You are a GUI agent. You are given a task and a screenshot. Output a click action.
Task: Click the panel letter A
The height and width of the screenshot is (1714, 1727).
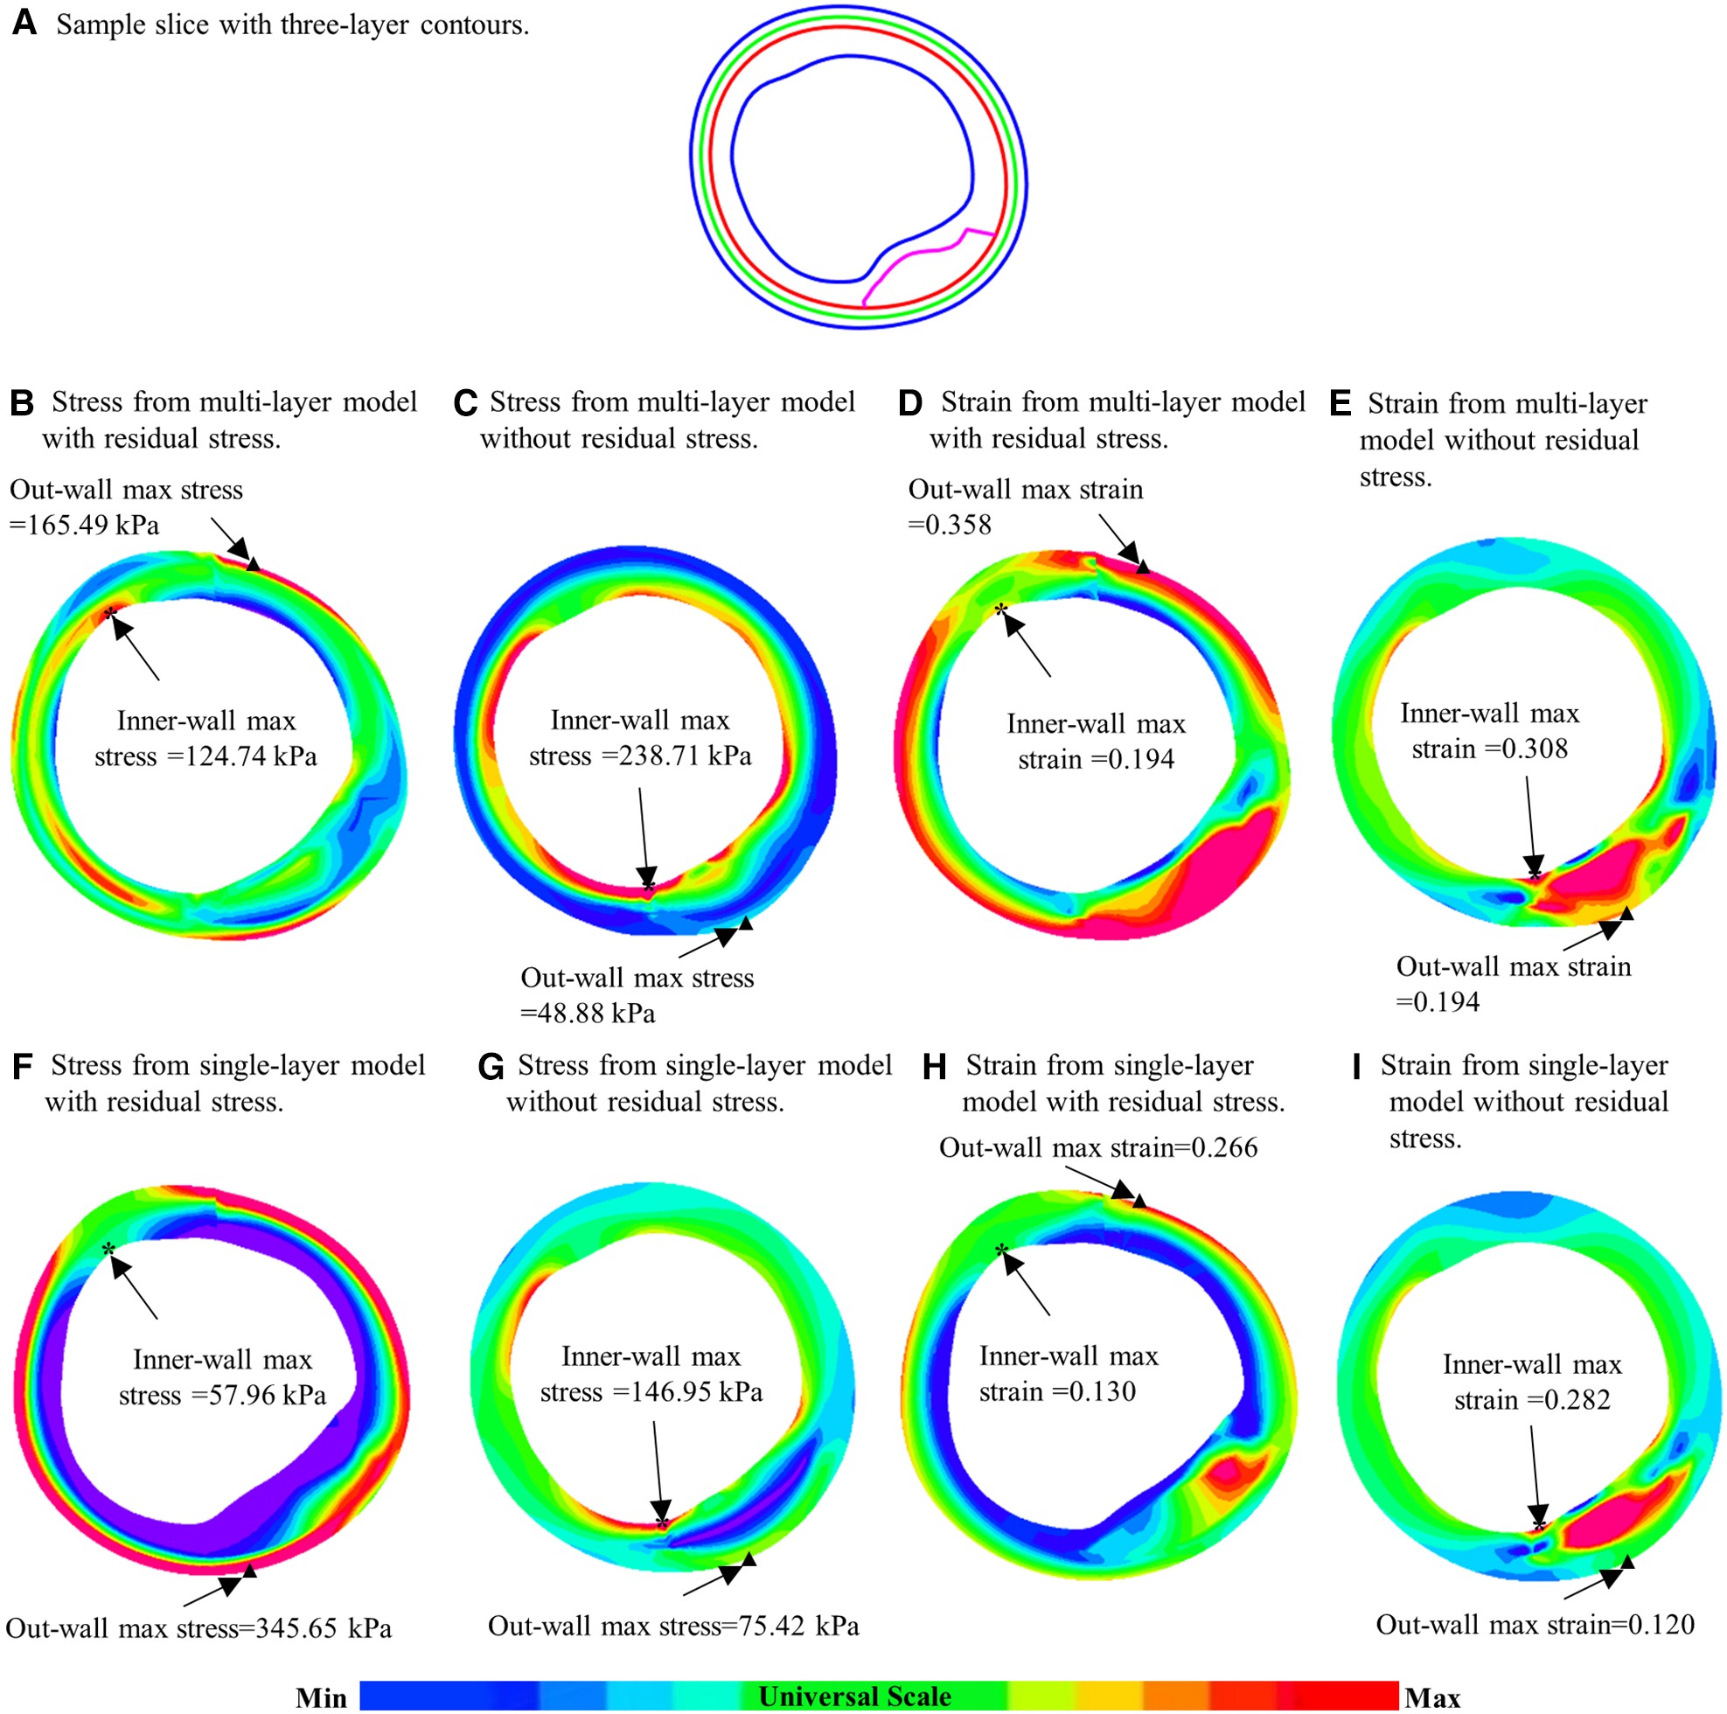tap(24, 23)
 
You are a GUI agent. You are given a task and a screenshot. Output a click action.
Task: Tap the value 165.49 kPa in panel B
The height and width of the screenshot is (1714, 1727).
tap(94, 525)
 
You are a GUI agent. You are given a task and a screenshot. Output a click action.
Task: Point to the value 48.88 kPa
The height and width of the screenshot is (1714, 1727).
tap(599, 1014)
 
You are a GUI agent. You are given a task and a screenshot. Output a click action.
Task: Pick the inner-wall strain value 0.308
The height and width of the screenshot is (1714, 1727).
tap(1535, 749)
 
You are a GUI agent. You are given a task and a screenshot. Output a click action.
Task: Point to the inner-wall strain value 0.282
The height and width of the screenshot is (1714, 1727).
tap(1577, 1400)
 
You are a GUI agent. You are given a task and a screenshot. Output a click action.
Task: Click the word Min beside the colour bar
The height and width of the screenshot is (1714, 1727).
tap(321, 1698)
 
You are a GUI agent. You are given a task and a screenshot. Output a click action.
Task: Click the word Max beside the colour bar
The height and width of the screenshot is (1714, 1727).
tap(1432, 1698)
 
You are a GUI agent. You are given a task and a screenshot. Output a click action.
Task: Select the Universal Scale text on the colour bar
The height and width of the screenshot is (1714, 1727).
tap(854, 1697)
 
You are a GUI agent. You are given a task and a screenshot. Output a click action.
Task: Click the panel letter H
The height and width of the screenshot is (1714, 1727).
tap(934, 1067)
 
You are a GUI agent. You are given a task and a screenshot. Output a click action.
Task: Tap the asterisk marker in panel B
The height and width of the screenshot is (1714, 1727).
tap(110, 613)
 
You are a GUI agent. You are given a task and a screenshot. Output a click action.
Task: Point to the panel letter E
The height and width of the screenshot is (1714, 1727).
tap(1340, 404)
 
